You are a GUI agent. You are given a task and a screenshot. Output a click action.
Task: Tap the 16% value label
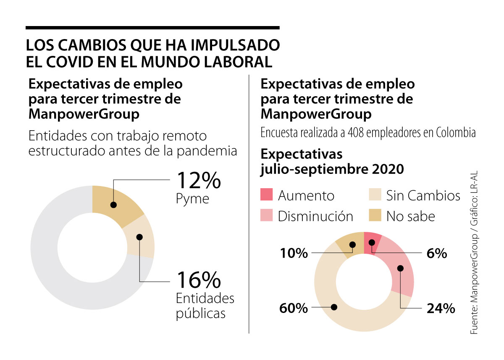coord(198,279)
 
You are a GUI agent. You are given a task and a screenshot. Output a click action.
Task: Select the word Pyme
coord(192,199)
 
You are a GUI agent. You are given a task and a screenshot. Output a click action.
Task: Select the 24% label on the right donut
coord(441,308)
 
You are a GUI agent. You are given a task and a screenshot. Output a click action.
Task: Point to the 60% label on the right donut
coord(294,308)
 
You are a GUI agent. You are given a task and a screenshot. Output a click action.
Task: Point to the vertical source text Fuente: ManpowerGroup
coord(474,290)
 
